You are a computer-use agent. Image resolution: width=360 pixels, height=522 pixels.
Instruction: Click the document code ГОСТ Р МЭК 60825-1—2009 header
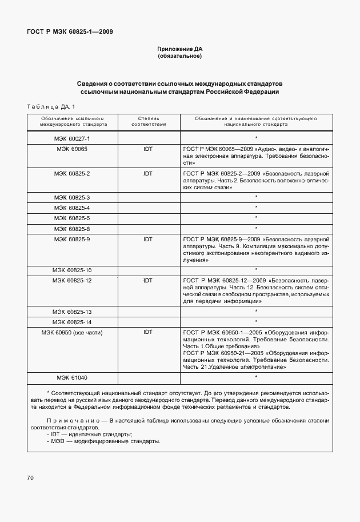(70, 32)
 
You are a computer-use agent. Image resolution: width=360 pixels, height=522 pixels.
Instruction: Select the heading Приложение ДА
(179, 49)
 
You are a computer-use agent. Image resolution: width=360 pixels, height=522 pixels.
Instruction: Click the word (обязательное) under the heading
(179, 57)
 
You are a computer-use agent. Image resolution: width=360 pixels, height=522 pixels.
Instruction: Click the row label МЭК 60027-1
(72, 138)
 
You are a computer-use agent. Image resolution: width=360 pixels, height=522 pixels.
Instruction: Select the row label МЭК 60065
(72, 149)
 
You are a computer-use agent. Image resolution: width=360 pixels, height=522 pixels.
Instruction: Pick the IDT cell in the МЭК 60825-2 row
(148, 173)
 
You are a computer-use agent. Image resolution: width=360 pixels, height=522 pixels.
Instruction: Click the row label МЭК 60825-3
(72, 197)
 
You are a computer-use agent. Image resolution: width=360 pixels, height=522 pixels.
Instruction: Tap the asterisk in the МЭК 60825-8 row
(256, 229)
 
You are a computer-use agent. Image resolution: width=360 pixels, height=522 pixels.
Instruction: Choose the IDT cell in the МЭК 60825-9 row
(148, 238)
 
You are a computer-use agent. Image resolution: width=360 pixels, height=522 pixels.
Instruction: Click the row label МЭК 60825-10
(72, 270)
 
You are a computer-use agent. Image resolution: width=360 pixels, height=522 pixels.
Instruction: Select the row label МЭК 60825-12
(72, 280)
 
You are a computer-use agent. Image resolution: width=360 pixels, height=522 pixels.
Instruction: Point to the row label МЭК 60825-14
(72, 321)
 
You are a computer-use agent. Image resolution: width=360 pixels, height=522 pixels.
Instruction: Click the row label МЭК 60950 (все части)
(72, 332)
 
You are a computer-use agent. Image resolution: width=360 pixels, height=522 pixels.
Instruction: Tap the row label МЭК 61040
(72, 377)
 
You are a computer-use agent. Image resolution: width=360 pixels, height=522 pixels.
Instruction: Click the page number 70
(30, 477)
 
